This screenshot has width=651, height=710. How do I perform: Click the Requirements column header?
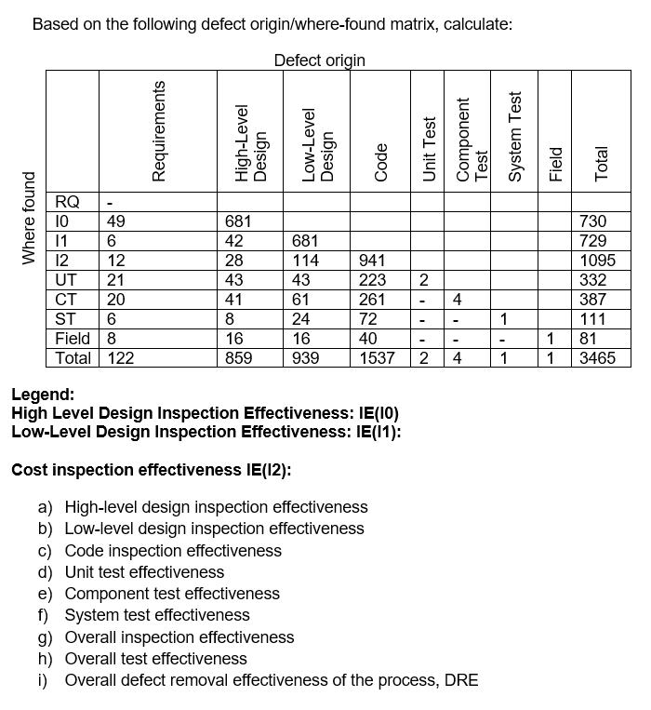click(159, 129)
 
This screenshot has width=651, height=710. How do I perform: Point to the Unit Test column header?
click(430, 148)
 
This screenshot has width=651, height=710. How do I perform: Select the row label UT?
click(66, 280)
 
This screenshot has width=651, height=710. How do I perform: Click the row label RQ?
click(67, 202)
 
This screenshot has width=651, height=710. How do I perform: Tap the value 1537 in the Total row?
click(377, 358)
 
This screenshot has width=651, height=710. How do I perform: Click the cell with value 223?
click(372, 280)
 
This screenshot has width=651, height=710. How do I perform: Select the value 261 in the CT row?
click(372, 300)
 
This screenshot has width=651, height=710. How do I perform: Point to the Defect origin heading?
click(320, 60)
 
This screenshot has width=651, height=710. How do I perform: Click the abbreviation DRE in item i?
click(461, 680)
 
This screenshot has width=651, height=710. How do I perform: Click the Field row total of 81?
click(589, 339)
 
